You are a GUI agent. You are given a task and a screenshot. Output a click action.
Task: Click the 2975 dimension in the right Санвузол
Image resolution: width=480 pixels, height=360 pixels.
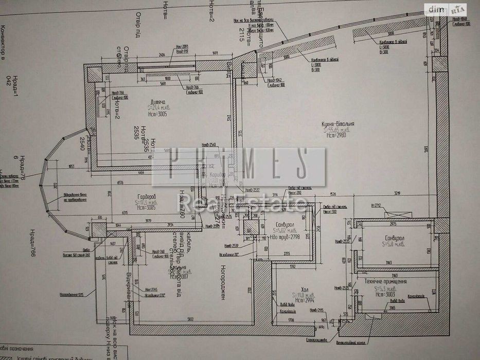394,225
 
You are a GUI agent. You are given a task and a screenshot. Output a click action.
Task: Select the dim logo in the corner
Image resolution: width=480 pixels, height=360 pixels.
437,9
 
